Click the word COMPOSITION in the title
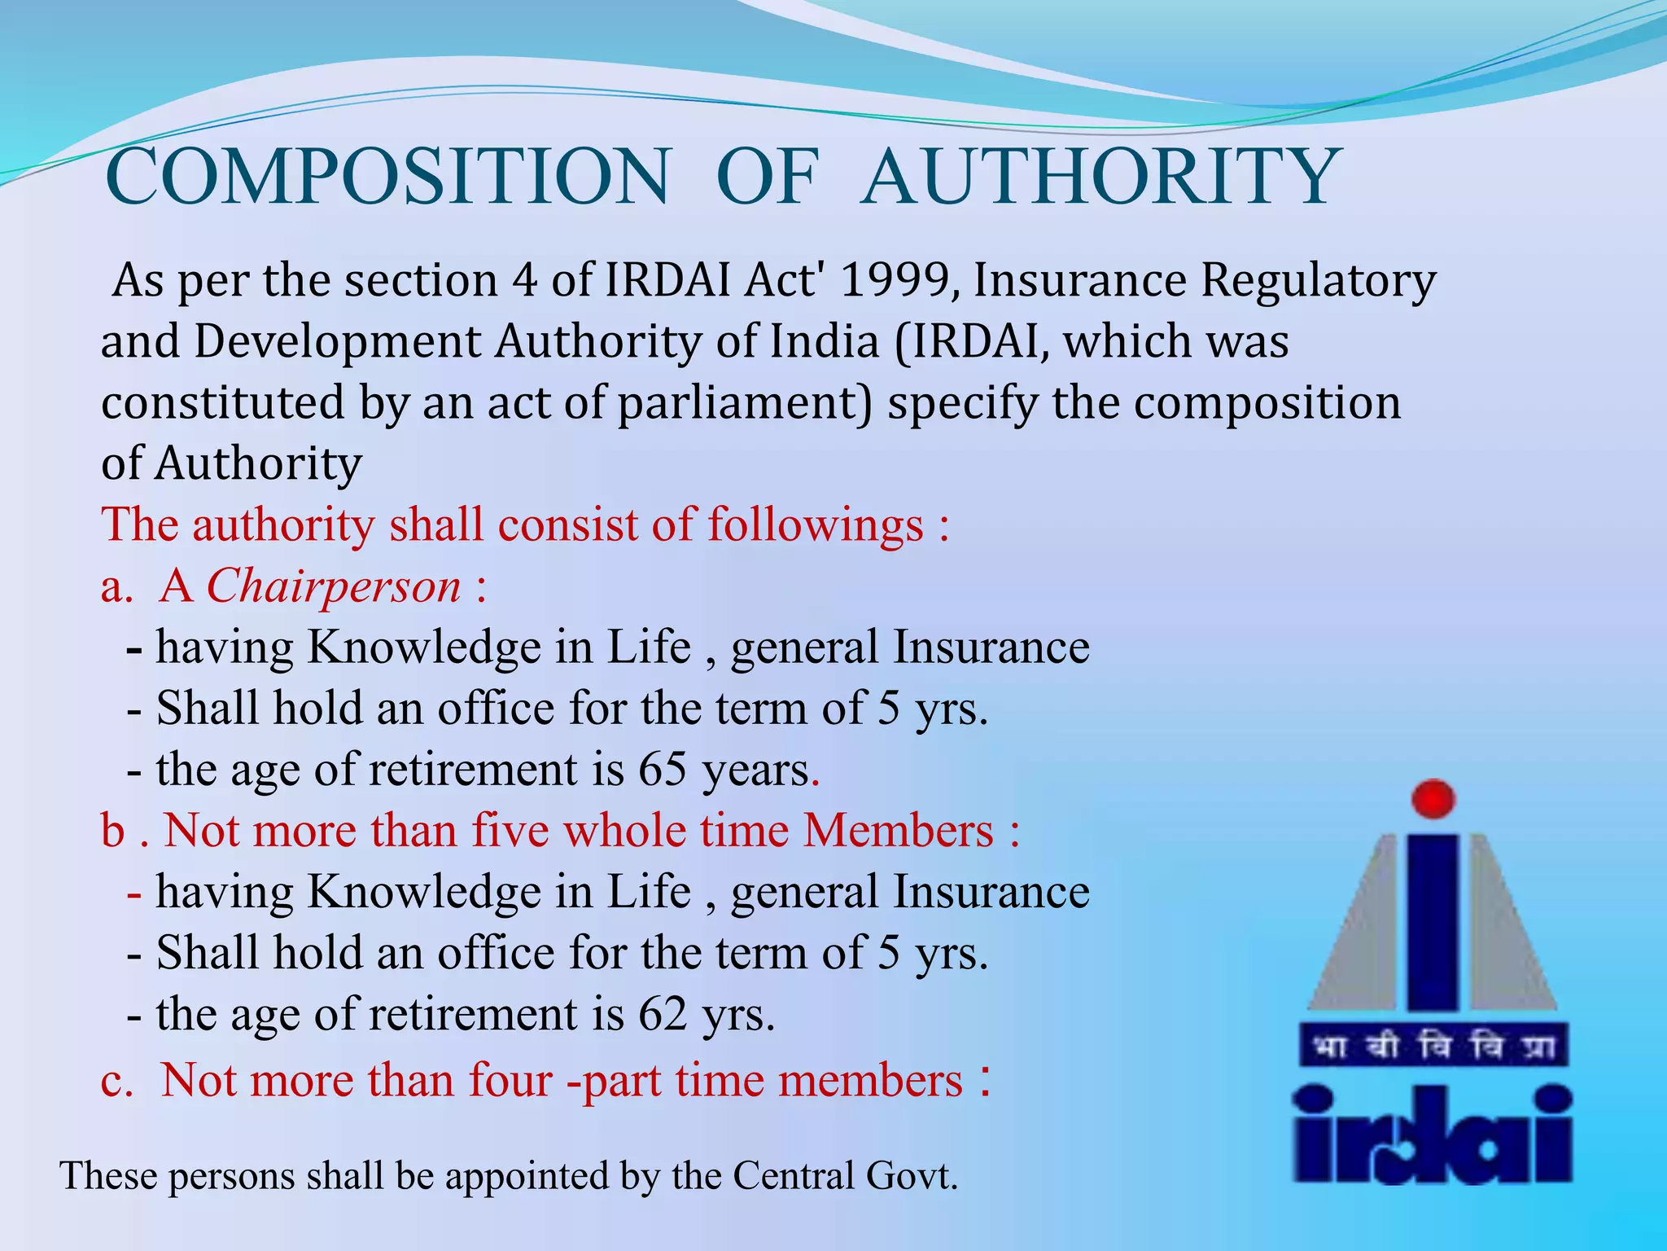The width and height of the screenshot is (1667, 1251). pos(387,177)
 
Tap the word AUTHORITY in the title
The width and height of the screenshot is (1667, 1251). pos(1099,177)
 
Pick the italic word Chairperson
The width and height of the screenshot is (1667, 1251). pos(334,586)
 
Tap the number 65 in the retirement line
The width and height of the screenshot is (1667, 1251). pos(663,769)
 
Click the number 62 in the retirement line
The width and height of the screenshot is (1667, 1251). pos(663,1014)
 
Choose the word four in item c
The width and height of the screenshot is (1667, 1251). pos(510,1080)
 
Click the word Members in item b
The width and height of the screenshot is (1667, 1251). pos(898,831)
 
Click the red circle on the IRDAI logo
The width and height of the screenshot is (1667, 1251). pos(1433,798)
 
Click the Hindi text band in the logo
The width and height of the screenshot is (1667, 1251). pos(1433,1047)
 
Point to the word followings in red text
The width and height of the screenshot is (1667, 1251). pos(815,525)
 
